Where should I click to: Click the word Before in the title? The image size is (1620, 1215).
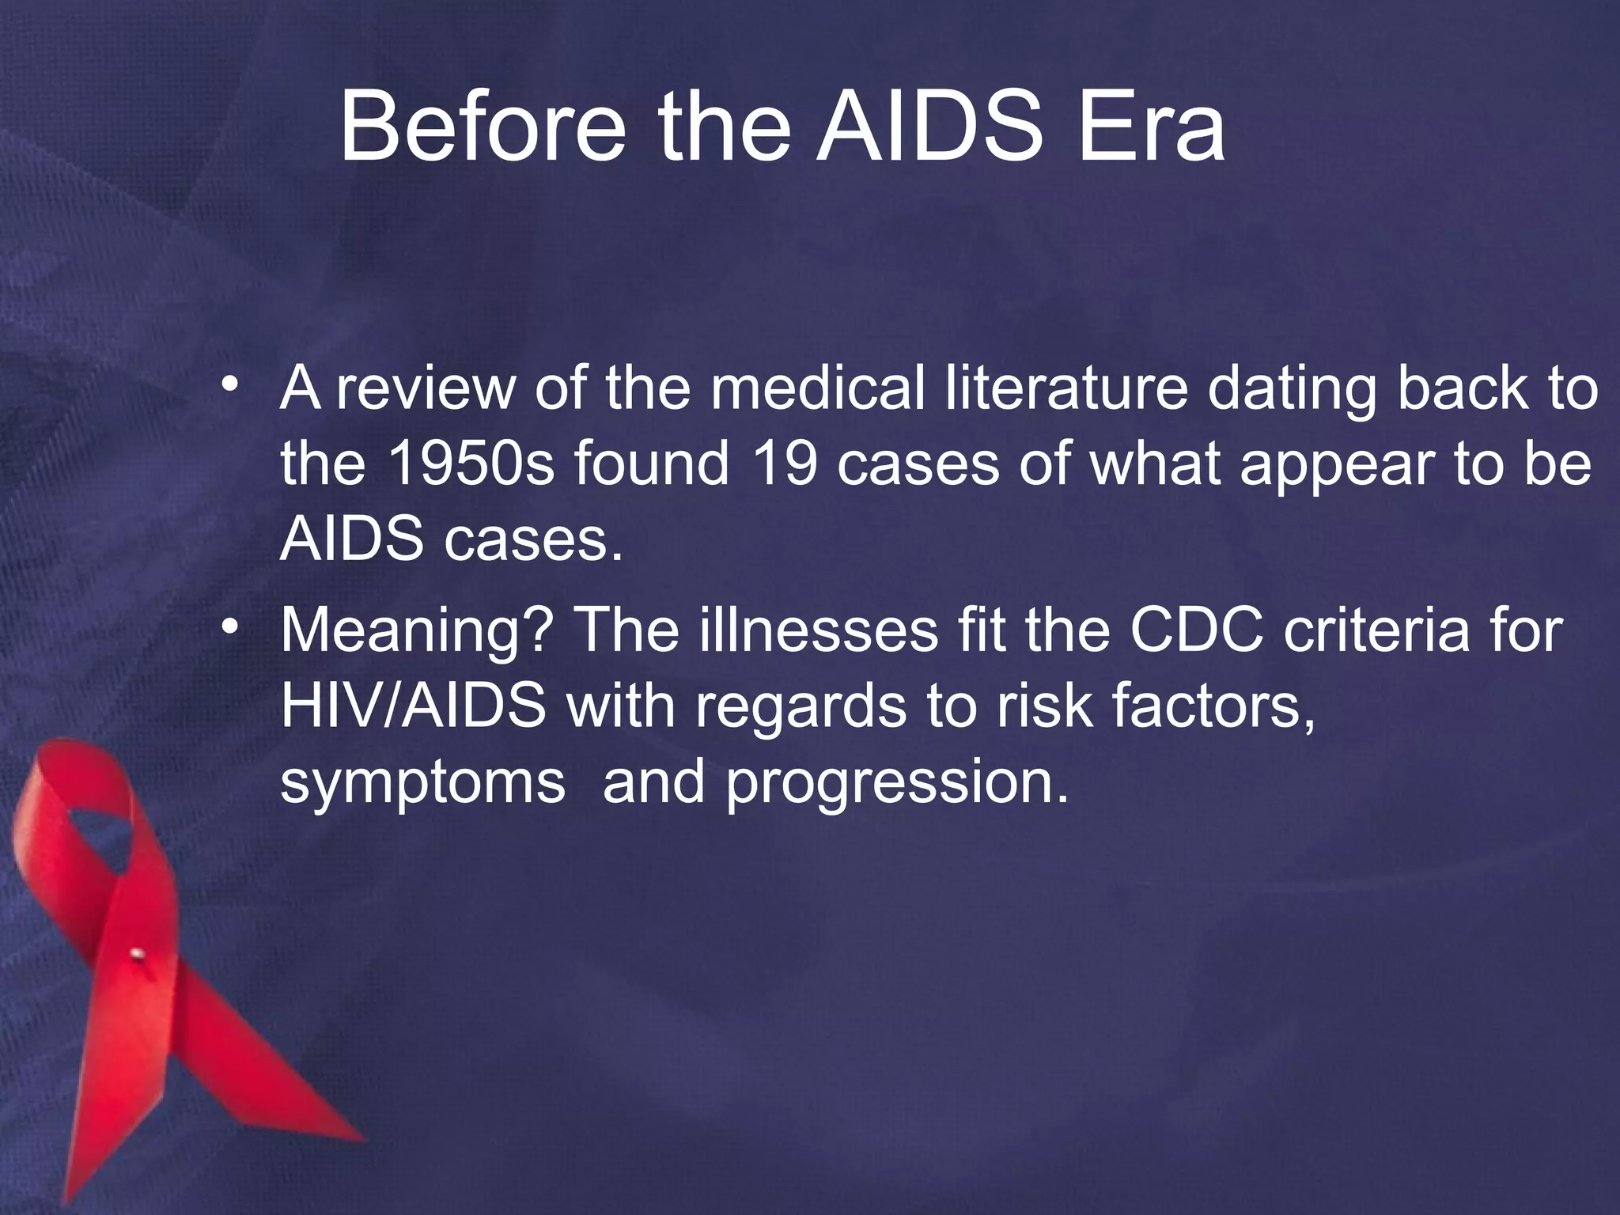click(483, 127)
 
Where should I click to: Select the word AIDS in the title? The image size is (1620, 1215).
click(929, 127)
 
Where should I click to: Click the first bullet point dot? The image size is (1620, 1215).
click(230, 384)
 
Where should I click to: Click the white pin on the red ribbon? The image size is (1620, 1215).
click(137, 953)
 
